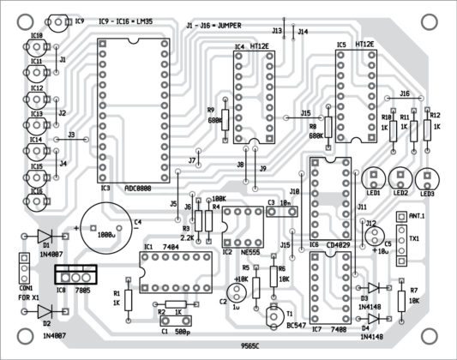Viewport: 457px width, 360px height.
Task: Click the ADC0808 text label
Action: point(141,188)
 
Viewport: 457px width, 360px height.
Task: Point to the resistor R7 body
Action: point(401,301)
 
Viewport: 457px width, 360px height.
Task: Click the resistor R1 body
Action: point(129,300)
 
